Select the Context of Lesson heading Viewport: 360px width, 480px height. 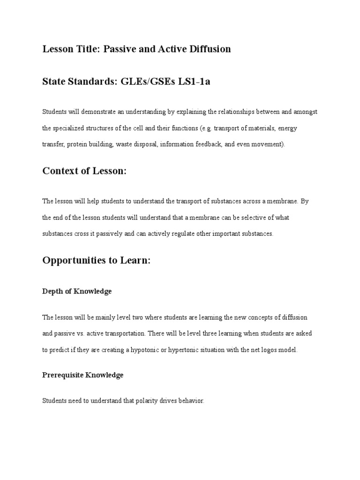84,171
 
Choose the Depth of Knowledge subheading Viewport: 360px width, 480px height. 77,291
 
